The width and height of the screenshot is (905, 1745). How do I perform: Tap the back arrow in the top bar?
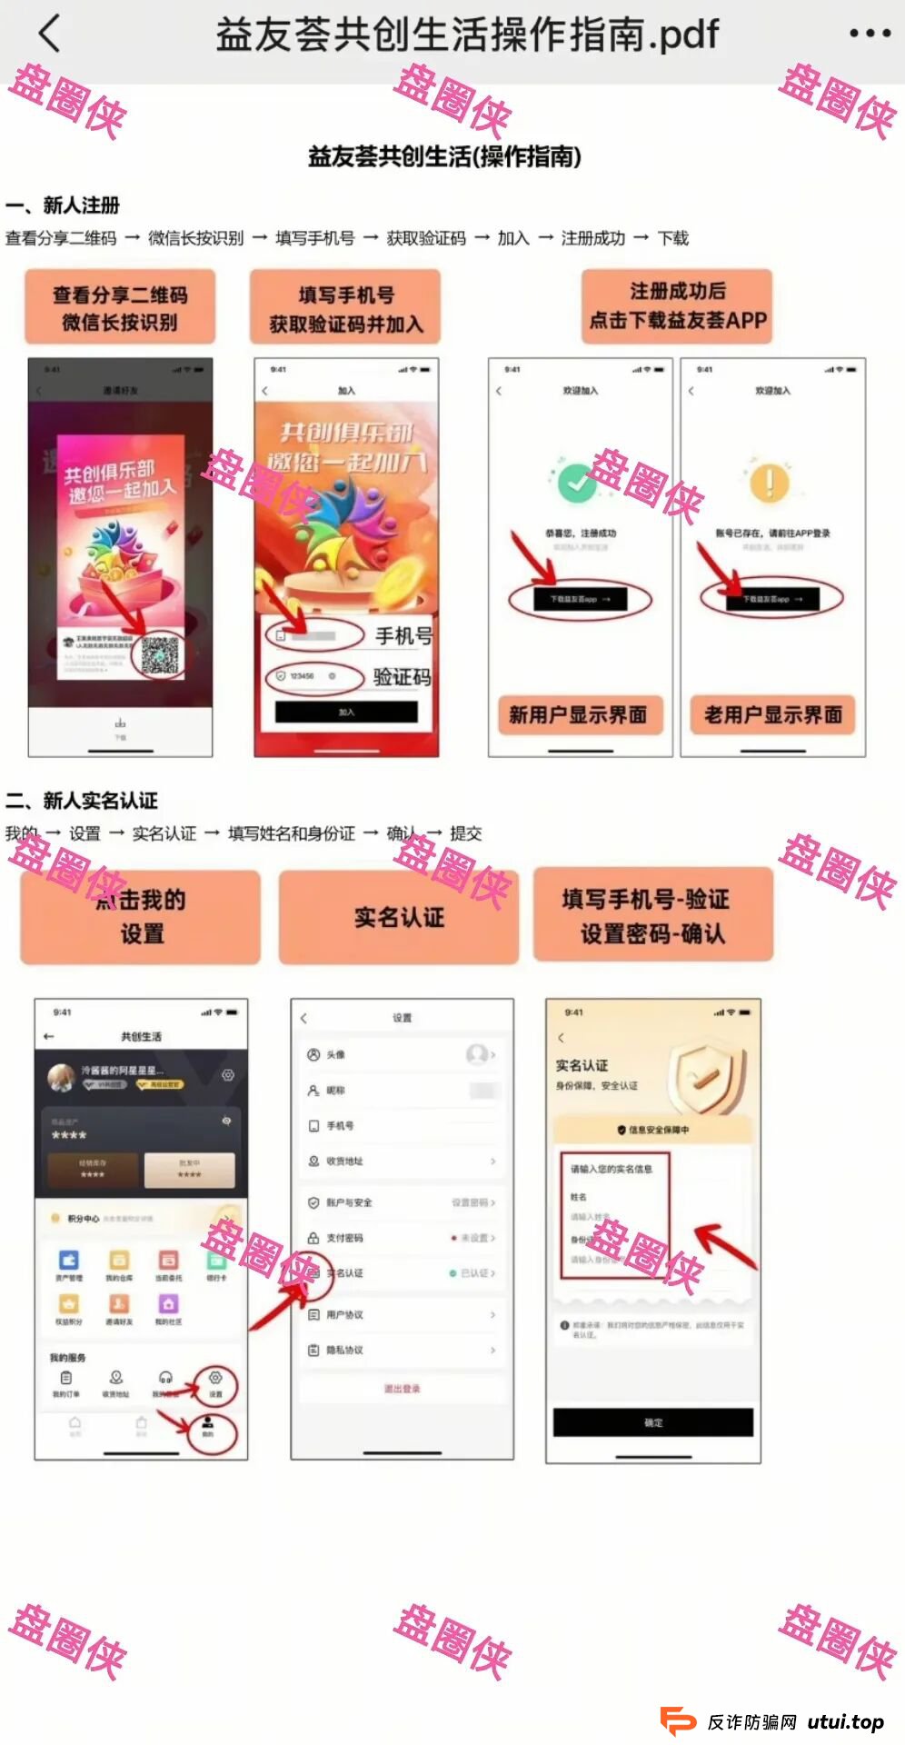tap(50, 34)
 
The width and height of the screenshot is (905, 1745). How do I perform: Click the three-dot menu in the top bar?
tap(869, 34)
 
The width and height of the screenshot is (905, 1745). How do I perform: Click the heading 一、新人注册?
tap(63, 205)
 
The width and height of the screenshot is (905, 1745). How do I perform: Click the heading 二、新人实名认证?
tap(82, 801)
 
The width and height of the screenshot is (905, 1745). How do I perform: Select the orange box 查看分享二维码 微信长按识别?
tap(120, 307)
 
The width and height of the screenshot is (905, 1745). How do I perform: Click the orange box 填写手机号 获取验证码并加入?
tap(345, 308)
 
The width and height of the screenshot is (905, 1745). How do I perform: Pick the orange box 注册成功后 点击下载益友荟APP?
tap(678, 306)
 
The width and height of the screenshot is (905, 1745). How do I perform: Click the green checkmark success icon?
tap(576, 483)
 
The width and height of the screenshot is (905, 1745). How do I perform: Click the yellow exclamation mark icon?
tap(770, 483)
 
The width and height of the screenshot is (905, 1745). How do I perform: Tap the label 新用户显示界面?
tap(578, 715)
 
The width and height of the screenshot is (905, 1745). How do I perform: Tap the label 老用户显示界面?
tap(772, 715)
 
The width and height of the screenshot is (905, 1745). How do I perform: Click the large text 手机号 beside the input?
tap(403, 636)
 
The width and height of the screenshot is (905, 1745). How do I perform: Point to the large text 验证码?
tap(402, 677)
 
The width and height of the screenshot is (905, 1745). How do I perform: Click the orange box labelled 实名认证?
tap(399, 917)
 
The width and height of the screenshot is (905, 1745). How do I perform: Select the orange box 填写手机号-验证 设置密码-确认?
tap(652, 915)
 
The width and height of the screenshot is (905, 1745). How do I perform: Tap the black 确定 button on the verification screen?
tap(652, 1422)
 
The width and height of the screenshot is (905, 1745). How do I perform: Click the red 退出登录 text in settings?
tap(402, 1389)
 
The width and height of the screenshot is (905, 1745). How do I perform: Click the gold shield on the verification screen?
tap(706, 1078)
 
